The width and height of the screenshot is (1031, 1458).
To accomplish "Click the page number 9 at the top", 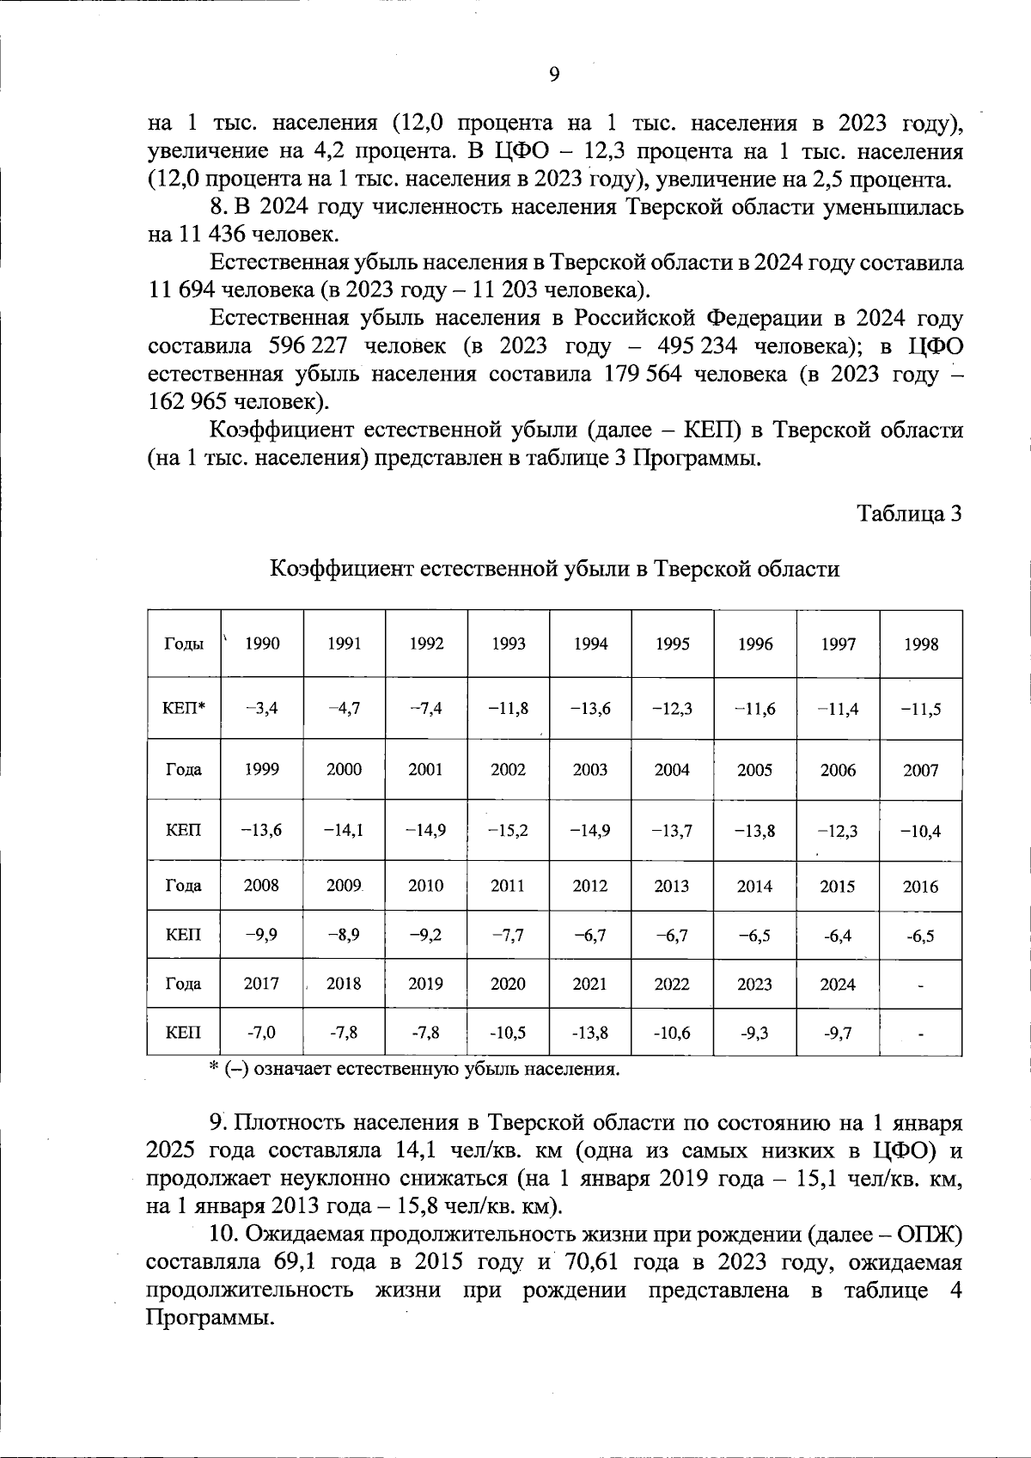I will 554,75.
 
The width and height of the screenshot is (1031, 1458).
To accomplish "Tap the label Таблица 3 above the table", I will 909,514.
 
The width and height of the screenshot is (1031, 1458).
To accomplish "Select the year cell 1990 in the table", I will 262,644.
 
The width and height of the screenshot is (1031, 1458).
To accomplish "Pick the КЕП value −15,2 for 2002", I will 508,831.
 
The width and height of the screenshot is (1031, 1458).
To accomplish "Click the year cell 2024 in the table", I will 837,984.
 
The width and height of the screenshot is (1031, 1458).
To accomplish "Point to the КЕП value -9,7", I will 837,1033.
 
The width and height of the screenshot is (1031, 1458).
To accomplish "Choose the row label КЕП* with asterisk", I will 183,709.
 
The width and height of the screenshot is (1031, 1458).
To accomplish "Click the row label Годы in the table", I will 183,644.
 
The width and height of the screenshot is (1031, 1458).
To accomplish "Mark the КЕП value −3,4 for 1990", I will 262,709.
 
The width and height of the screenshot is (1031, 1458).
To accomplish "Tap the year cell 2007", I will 920,770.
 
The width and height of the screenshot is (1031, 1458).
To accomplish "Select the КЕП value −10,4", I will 920,831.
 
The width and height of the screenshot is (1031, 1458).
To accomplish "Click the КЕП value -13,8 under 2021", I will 589,1033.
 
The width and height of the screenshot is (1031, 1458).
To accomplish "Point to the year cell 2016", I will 920,887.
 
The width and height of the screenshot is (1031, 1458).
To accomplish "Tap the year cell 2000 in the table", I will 344,770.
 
